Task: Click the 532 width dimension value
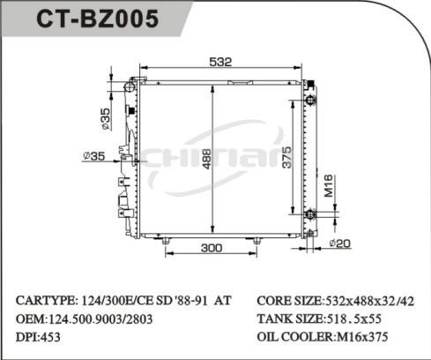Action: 220,62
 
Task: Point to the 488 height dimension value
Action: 205,159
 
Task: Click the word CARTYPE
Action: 44,300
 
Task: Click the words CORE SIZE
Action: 288,300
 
